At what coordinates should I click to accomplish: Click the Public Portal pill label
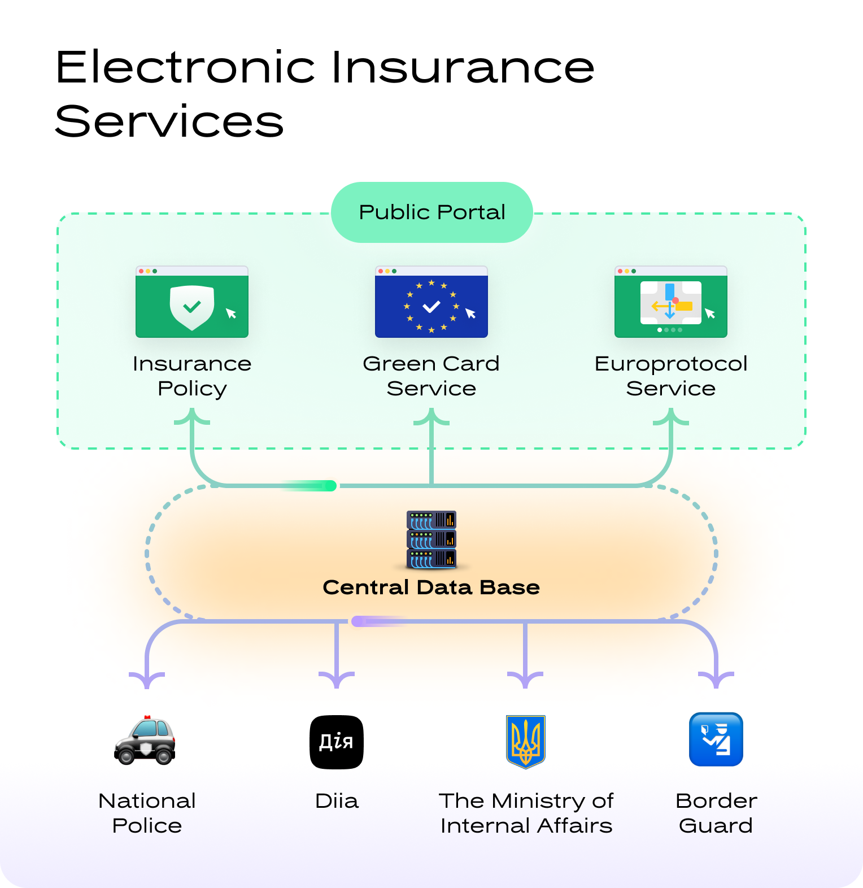click(432, 212)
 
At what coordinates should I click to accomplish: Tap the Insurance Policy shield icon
click(192, 307)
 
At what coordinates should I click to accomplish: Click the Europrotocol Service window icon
click(671, 302)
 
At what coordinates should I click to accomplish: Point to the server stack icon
click(431, 539)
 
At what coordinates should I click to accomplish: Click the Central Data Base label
click(431, 587)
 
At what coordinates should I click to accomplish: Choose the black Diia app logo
click(337, 742)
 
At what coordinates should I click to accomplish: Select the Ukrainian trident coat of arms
click(526, 741)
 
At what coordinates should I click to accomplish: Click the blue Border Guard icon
click(716, 739)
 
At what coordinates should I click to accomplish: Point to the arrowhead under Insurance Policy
click(192, 417)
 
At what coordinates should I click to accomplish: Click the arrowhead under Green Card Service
click(431, 417)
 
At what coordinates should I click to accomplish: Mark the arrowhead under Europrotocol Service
click(671, 417)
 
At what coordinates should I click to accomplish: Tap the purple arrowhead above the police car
click(147, 680)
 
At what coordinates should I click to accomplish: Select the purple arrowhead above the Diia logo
click(337, 680)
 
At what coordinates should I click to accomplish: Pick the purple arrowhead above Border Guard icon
click(716, 680)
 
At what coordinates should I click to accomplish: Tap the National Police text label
click(147, 813)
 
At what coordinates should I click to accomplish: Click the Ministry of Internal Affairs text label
click(526, 813)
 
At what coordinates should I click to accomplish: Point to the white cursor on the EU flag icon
click(470, 314)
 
